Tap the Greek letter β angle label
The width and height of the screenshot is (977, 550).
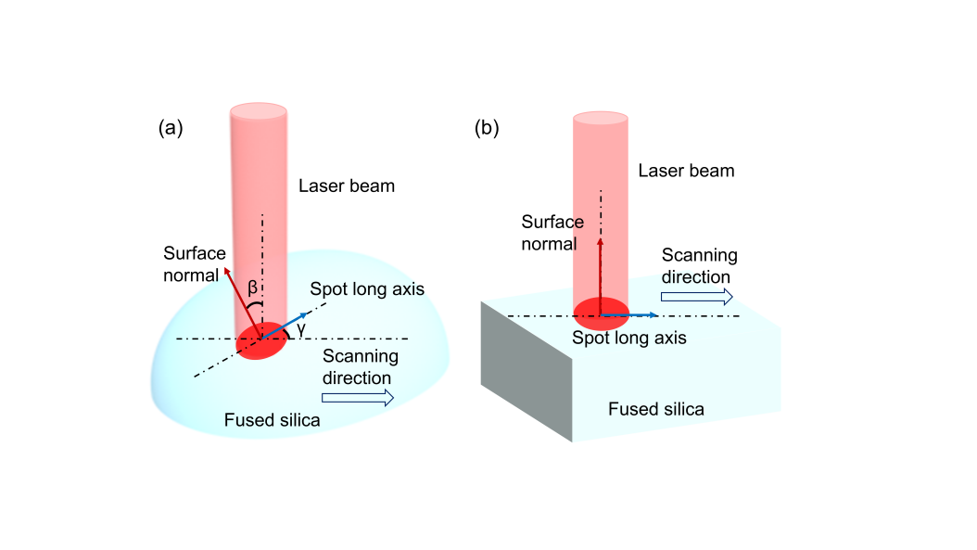(252, 288)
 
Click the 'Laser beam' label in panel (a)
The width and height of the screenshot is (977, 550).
(347, 186)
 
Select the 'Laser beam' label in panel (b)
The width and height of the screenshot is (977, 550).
(686, 171)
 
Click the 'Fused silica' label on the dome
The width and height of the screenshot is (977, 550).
(273, 421)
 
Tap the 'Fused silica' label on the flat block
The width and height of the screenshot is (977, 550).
(655, 409)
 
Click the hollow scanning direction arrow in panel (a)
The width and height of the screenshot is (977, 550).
(358, 398)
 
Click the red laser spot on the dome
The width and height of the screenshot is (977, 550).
(262, 341)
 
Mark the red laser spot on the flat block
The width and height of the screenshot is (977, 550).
(601, 313)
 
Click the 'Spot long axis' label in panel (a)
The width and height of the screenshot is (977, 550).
(367, 288)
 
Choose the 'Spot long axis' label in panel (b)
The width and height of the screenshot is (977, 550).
(628, 339)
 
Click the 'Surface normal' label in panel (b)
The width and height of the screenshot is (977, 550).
(552, 233)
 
